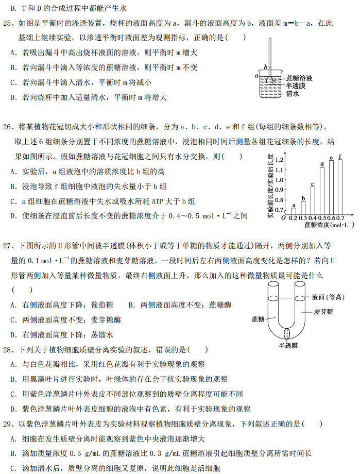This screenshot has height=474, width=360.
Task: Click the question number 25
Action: tap(8, 23)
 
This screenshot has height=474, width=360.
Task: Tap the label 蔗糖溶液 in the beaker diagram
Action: tap(300, 78)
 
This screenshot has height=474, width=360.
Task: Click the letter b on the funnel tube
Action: tap(265, 67)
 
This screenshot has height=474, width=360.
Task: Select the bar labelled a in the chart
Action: tap(294, 211)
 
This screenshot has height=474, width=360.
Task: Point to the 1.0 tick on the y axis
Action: tap(279, 180)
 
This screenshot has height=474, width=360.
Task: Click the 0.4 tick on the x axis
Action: tap(312, 218)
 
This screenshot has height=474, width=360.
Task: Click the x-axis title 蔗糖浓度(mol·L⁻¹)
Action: tap(329, 225)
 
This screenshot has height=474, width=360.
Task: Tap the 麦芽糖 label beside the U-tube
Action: tap(323, 312)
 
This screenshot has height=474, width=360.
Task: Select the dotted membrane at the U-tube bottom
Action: tap(287, 332)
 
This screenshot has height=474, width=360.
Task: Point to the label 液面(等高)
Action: tap(327, 297)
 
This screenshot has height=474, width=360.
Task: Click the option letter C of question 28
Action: tap(13, 394)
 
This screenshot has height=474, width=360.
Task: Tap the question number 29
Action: tap(8, 424)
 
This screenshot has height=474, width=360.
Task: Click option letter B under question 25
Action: tap(13, 67)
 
